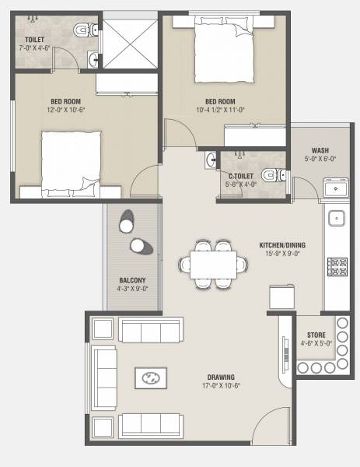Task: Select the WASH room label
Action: (x=320, y=150)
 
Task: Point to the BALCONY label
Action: (x=132, y=280)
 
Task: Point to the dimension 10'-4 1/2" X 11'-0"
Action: (x=220, y=110)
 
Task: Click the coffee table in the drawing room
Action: (x=151, y=379)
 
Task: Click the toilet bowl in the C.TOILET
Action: (x=268, y=175)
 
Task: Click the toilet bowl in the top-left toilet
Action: (x=82, y=30)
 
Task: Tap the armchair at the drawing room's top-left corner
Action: (x=103, y=328)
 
